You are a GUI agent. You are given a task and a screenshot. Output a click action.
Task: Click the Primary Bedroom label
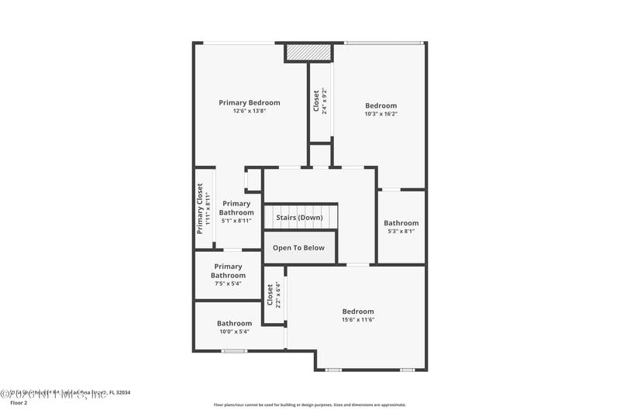249,102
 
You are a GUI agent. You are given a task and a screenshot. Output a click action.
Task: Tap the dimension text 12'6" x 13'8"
249,111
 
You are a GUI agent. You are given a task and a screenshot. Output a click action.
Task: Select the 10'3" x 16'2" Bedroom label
381,106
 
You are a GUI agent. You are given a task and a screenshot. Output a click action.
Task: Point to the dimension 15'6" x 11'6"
357,320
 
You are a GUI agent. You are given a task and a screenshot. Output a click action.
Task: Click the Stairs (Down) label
299,218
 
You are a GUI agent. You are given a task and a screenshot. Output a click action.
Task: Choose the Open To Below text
298,248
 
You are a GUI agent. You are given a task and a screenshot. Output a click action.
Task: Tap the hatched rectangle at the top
308,52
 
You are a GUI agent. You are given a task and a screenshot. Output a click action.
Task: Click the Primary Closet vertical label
200,209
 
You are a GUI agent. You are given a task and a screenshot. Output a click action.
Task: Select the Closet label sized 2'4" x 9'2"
316,101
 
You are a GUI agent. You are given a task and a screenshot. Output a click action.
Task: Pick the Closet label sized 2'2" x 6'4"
270,294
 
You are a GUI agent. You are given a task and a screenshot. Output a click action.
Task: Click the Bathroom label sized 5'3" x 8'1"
401,223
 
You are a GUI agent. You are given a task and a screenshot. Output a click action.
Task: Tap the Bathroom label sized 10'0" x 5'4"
234,323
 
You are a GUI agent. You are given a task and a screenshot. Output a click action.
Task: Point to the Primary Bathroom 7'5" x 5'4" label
229,270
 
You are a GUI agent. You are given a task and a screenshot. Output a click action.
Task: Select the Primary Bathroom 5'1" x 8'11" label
236,208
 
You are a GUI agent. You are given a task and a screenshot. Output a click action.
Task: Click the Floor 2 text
19,403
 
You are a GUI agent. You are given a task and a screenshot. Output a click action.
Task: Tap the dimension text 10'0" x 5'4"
234,332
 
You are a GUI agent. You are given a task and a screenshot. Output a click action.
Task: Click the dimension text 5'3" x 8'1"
401,231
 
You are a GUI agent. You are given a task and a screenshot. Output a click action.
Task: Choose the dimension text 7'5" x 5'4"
229,283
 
